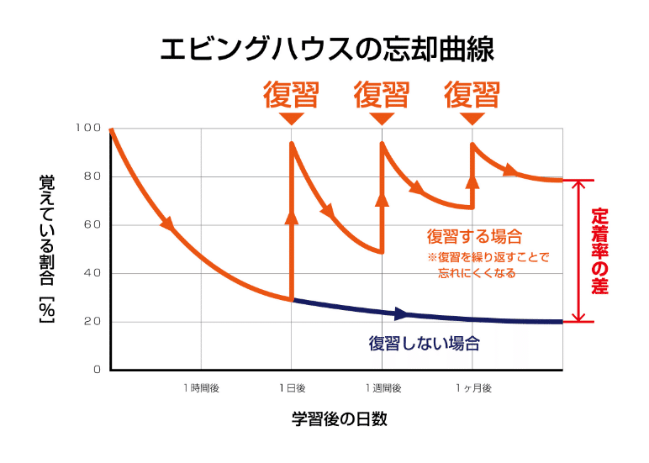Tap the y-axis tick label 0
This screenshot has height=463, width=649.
[96, 370]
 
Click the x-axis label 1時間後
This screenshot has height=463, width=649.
[201, 388]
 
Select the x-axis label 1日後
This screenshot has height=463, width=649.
[292, 388]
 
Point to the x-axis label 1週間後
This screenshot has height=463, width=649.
[383, 388]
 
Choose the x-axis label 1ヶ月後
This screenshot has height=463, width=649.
[472, 388]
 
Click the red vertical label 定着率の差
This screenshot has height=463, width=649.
[599, 250]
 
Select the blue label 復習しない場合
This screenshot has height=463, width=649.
[424, 343]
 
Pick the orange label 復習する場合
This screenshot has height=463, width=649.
[475, 236]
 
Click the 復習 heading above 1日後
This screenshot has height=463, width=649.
[291, 94]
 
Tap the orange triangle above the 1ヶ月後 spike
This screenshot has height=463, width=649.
[472, 119]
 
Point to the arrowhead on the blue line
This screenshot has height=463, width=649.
[401, 314]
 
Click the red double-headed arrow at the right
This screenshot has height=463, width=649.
[578, 251]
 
